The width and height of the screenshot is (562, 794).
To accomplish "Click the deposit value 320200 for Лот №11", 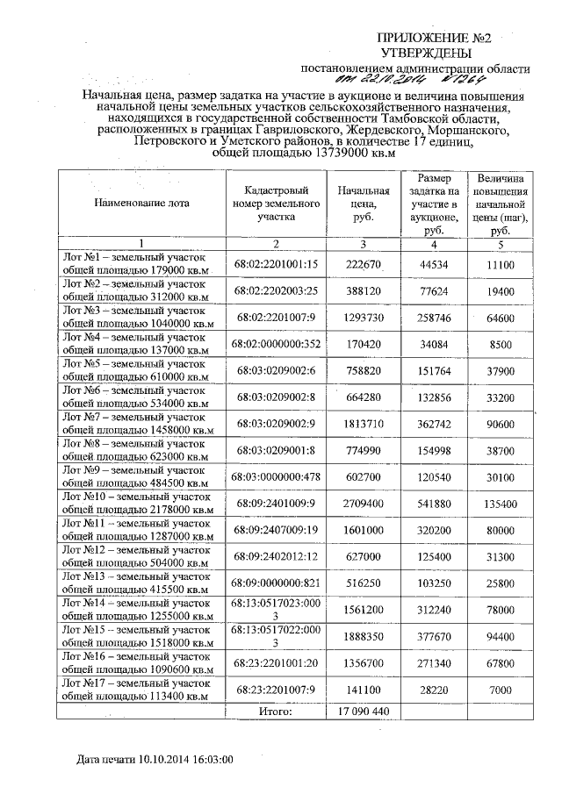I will (x=431, y=529).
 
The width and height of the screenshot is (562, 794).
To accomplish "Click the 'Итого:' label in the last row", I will (x=275, y=711).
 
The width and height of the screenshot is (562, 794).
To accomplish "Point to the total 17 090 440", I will (x=363, y=711).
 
